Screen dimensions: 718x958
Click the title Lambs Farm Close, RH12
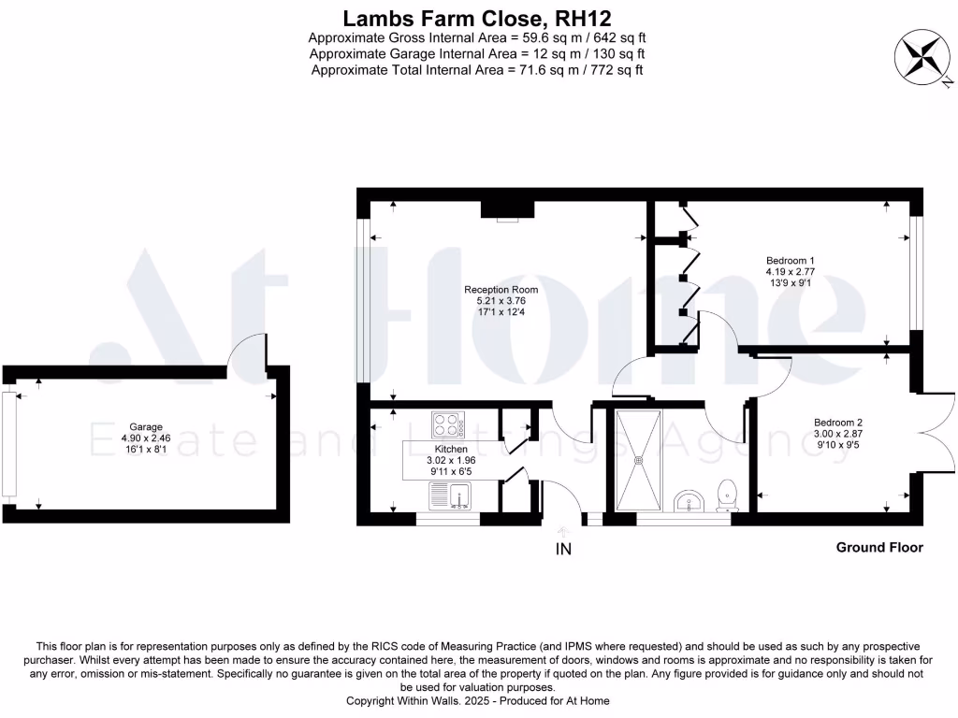478,17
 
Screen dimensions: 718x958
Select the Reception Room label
501,290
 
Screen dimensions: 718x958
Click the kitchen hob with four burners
448,425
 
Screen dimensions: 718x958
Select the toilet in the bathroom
725,495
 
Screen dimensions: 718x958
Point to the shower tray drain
640,459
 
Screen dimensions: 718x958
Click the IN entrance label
563,550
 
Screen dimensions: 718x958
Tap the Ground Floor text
878,547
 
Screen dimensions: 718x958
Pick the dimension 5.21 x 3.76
501,301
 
